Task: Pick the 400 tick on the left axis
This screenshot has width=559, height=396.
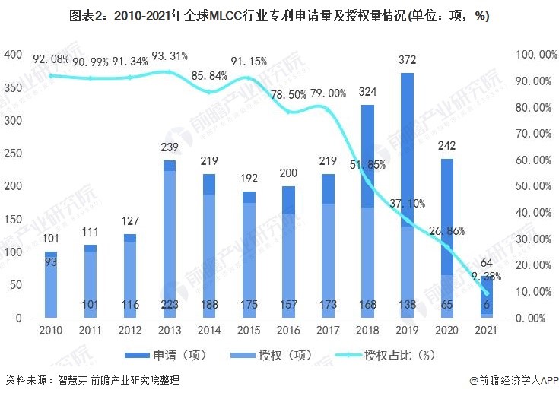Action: point(13,55)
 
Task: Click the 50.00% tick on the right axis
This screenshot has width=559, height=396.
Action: point(532,186)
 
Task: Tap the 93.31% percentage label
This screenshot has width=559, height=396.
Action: point(170,56)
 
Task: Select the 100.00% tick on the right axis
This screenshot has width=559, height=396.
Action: point(532,55)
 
